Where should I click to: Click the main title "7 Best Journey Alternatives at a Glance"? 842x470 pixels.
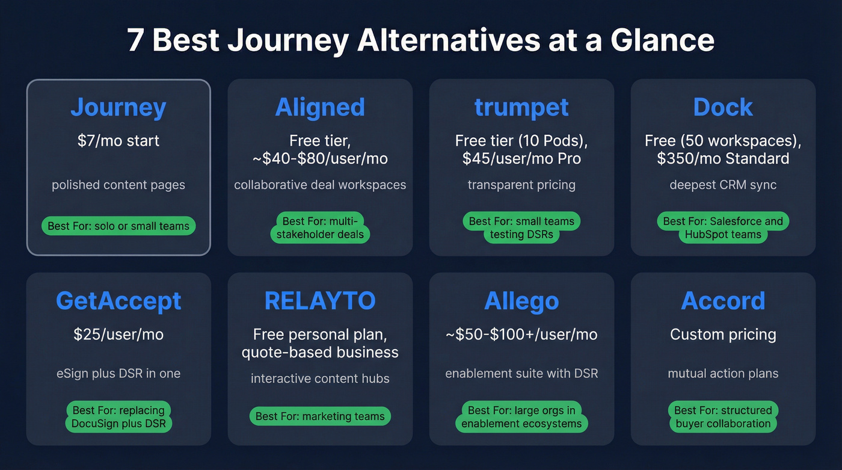click(421, 41)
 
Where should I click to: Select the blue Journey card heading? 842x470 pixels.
click(118, 107)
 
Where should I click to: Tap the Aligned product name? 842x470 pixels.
click(320, 107)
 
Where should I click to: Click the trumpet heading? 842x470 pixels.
click(521, 107)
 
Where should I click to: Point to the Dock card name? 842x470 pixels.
click(723, 107)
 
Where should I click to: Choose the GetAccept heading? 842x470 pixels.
click(118, 301)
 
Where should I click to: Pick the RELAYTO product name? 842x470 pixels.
click(320, 301)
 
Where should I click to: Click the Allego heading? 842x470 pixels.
click(521, 301)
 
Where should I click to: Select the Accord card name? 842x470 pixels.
click(723, 301)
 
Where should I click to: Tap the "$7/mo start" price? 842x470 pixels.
click(118, 141)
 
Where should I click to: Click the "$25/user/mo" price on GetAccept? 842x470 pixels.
click(118, 335)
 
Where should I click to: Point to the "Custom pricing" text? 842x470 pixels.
click(723, 335)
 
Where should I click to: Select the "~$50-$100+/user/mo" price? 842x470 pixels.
click(521, 335)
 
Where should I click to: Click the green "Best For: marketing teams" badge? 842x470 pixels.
click(320, 416)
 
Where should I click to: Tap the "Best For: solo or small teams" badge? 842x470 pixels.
click(118, 226)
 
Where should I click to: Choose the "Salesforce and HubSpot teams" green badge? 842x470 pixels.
click(723, 228)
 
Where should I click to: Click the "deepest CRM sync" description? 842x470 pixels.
click(723, 185)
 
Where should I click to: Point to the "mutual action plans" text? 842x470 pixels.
click(723, 374)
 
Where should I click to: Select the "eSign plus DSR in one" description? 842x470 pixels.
click(118, 374)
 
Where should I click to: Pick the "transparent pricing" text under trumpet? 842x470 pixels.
click(521, 185)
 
